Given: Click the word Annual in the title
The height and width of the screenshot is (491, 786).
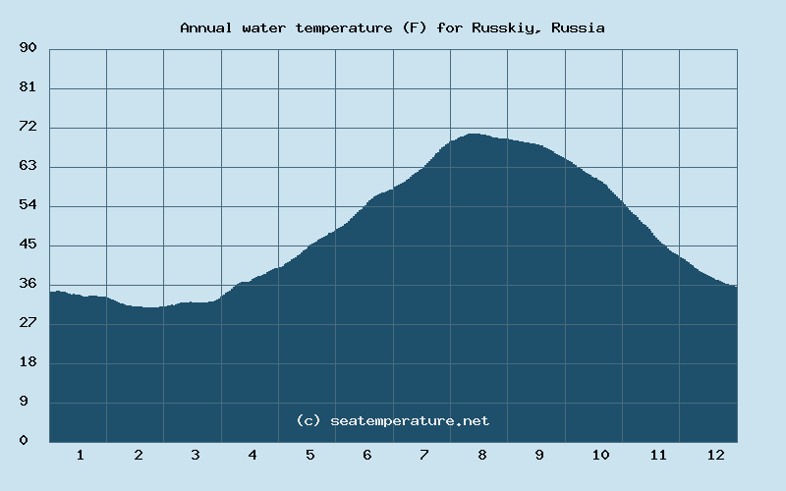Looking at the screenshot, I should click(204, 27).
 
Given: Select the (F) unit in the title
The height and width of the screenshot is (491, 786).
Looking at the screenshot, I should click(414, 27).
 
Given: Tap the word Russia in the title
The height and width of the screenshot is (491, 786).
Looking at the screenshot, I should click(578, 27).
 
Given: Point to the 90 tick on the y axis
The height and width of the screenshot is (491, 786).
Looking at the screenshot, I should click(28, 48).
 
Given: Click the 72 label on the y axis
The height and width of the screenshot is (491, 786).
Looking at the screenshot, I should click(28, 127).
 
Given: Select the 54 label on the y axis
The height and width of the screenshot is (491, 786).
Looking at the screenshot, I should click(28, 205).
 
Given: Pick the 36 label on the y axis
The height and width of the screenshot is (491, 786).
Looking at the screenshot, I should click(28, 284).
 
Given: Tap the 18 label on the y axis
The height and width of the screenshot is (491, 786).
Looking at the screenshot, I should click(28, 362).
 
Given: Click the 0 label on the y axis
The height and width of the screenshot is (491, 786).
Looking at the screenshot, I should click(24, 441).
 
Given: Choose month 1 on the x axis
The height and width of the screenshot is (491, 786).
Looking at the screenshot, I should click(80, 455).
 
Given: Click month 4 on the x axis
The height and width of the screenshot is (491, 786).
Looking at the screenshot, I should click(253, 455).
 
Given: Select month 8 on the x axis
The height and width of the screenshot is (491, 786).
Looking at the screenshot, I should click(482, 455).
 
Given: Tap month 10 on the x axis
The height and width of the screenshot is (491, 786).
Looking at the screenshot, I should click(600, 455).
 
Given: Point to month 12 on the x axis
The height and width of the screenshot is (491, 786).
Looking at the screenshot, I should click(715, 455).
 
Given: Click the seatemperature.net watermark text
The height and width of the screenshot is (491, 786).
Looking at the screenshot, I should click(410, 420).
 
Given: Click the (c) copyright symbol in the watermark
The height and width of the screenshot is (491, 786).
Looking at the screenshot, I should click(309, 420).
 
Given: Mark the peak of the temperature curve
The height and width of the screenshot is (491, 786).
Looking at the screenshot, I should click(474, 134).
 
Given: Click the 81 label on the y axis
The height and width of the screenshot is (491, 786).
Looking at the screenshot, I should click(28, 87).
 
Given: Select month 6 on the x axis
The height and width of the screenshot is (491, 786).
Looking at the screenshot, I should click(367, 455).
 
